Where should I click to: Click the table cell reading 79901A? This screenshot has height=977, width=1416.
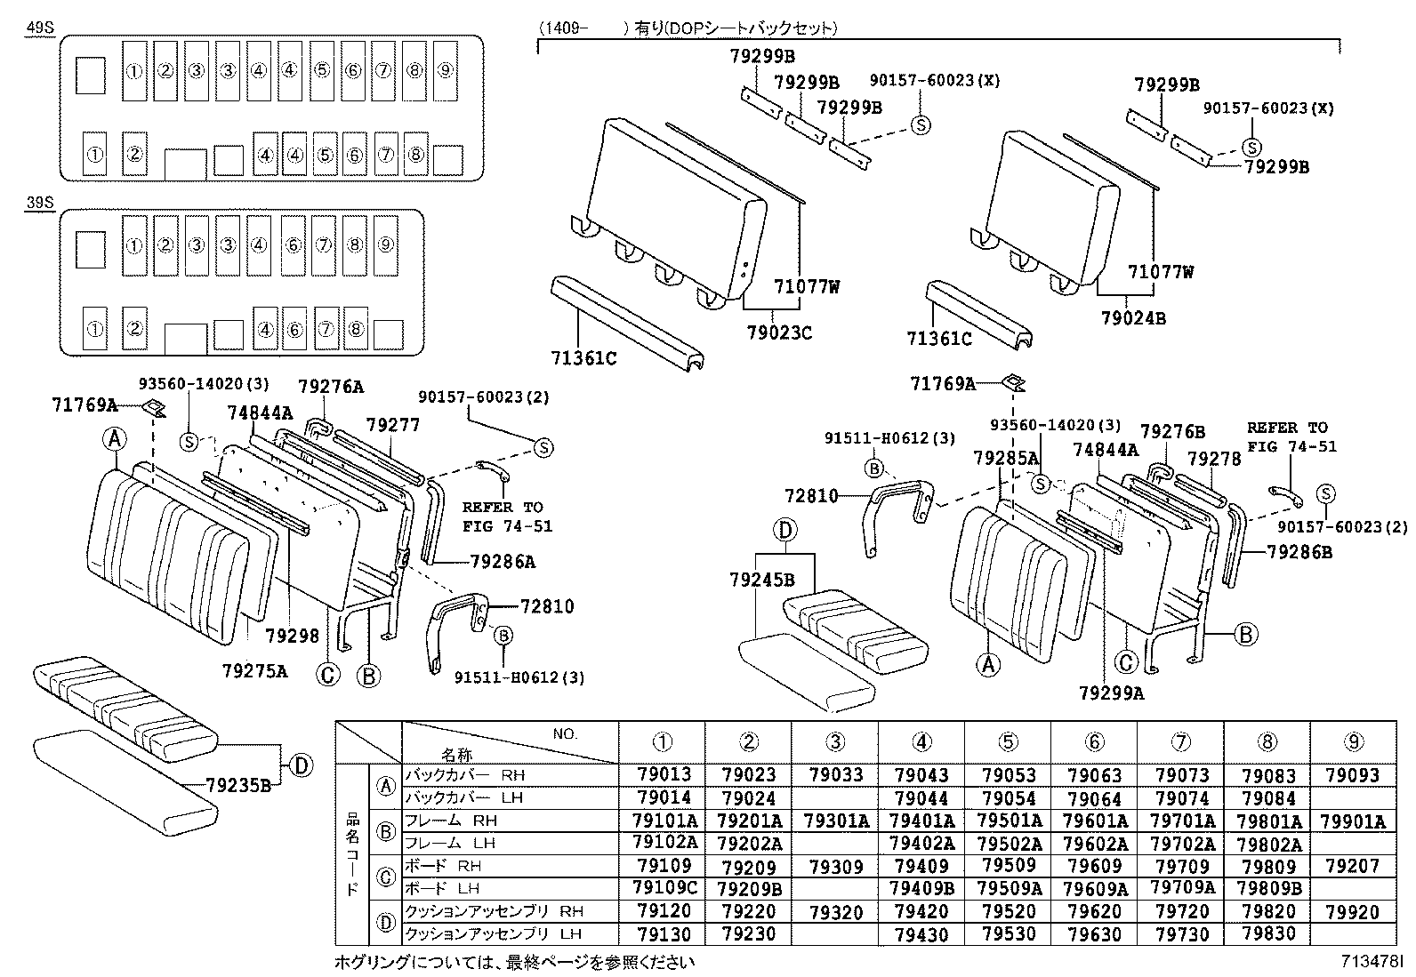(x=1354, y=821)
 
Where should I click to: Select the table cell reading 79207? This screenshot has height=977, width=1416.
(x=1352, y=866)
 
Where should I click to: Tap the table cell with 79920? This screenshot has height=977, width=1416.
(x=1352, y=912)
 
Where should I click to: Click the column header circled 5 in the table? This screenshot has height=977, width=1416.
(x=1007, y=742)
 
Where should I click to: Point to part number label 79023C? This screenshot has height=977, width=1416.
(x=779, y=333)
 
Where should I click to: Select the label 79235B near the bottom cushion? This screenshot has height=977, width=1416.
(x=237, y=786)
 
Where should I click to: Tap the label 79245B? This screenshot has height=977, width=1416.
(x=761, y=580)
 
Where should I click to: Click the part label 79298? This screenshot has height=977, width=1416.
(x=292, y=636)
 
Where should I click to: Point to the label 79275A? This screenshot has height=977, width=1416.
(x=255, y=671)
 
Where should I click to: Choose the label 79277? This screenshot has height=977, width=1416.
(x=392, y=426)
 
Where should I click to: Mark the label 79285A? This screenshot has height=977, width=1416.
(x=1005, y=458)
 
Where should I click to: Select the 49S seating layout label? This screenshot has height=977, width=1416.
(x=40, y=28)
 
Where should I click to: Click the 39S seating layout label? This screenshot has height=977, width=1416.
(x=40, y=204)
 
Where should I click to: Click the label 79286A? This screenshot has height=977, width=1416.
(x=503, y=562)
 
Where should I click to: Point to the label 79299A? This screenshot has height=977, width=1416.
(x=1111, y=693)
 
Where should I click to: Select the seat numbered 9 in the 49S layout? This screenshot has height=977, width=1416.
(x=447, y=71)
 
